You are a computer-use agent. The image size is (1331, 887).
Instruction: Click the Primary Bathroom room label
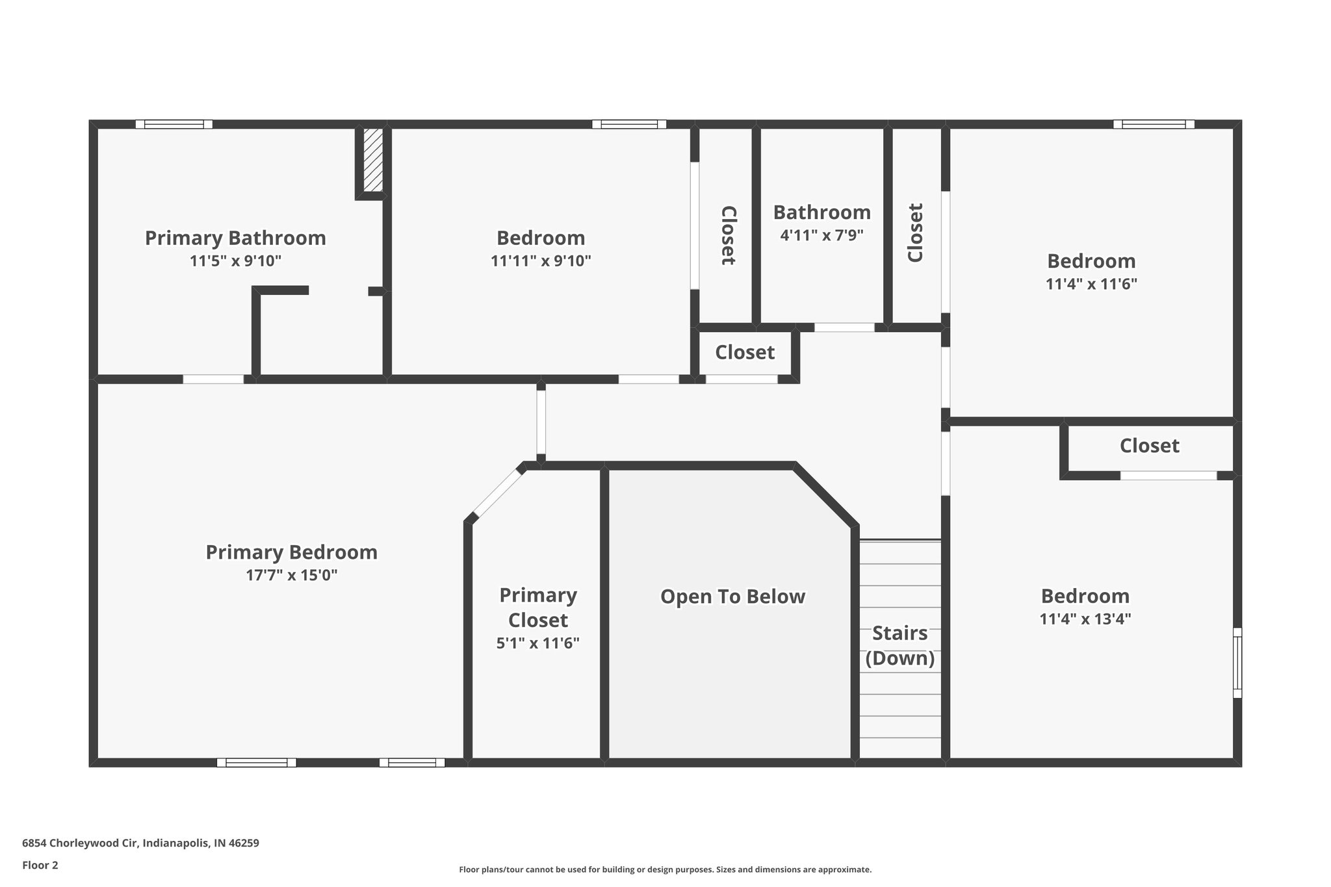(235, 238)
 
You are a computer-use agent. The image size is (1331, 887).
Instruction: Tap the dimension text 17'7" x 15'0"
(291, 575)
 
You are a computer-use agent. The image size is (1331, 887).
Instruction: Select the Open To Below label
(732, 597)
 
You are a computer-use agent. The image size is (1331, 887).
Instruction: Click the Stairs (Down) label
(899, 645)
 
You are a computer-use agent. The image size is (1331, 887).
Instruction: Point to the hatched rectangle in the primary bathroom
(372, 160)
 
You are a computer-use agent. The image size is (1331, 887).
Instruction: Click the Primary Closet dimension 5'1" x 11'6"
(537, 643)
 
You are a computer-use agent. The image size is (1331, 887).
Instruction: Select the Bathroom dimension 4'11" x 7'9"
(821, 235)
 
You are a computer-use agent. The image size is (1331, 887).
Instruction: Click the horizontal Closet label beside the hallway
(745, 352)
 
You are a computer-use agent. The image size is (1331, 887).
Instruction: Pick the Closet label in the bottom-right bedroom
(1149, 446)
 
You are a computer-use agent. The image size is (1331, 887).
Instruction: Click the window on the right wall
(1237, 663)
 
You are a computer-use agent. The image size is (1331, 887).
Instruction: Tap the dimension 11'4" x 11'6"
(1091, 284)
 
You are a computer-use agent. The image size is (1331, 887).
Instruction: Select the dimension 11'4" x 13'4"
(1085, 619)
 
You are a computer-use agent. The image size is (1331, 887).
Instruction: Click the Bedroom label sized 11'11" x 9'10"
(541, 238)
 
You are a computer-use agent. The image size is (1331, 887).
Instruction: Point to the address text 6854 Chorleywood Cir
(140, 843)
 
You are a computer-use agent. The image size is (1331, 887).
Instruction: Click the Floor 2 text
(40, 865)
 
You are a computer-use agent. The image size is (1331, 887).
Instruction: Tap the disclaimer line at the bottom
(665, 869)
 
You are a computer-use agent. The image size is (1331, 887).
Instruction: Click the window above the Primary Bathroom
(174, 124)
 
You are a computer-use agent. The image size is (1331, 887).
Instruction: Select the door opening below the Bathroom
(844, 328)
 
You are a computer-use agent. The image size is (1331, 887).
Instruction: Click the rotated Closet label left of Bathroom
(728, 235)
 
